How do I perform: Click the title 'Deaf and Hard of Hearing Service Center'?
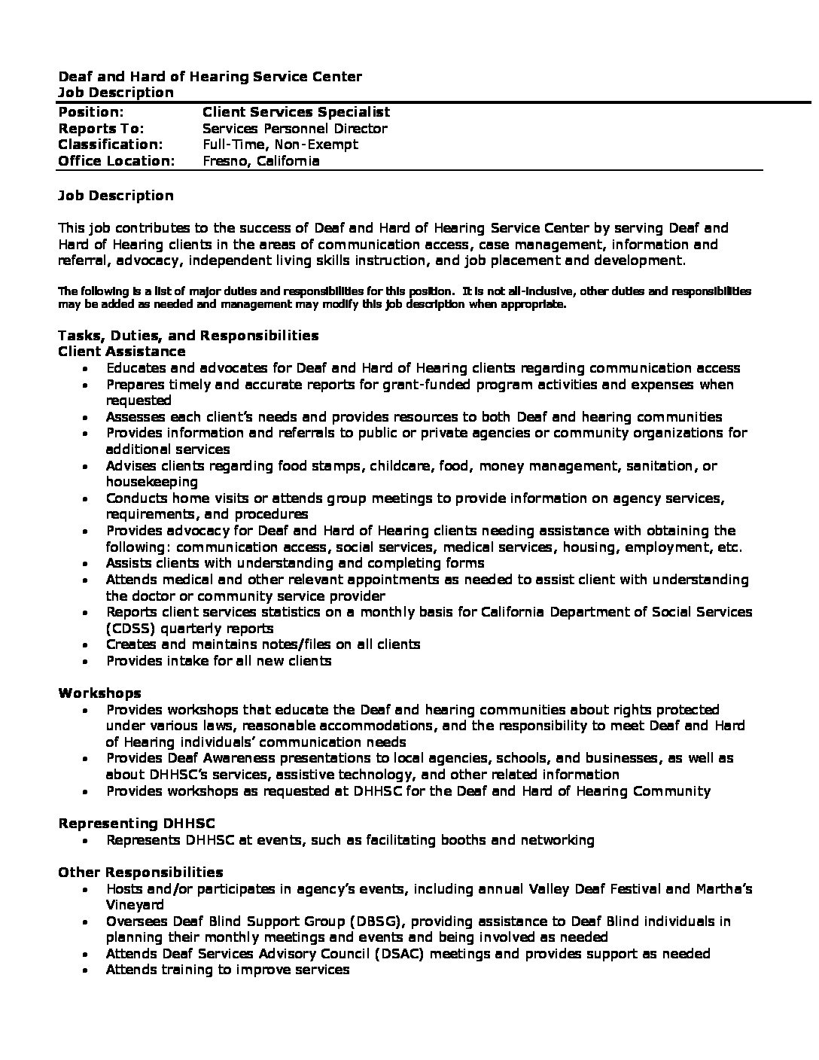[x=210, y=76]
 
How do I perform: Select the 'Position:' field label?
[x=91, y=112]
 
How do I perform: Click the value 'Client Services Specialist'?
[x=296, y=112]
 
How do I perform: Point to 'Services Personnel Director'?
[x=295, y=129]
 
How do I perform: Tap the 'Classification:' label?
[x=110, y=145]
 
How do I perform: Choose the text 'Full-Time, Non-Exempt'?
[x=280, y=145]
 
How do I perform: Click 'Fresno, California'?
[x=261, y=161]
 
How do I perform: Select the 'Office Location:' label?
[x=116, y=161]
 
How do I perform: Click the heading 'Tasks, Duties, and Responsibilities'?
[x=188, y=336]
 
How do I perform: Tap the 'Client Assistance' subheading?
[x=122, y=352]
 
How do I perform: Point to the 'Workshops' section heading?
[x=99, y=693]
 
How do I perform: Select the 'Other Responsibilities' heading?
[x=141, y=873]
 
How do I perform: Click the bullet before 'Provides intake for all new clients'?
[x=87, y=662]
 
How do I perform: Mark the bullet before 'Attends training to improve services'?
[x=87, y=970]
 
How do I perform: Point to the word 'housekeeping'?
[x=152, y=482]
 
